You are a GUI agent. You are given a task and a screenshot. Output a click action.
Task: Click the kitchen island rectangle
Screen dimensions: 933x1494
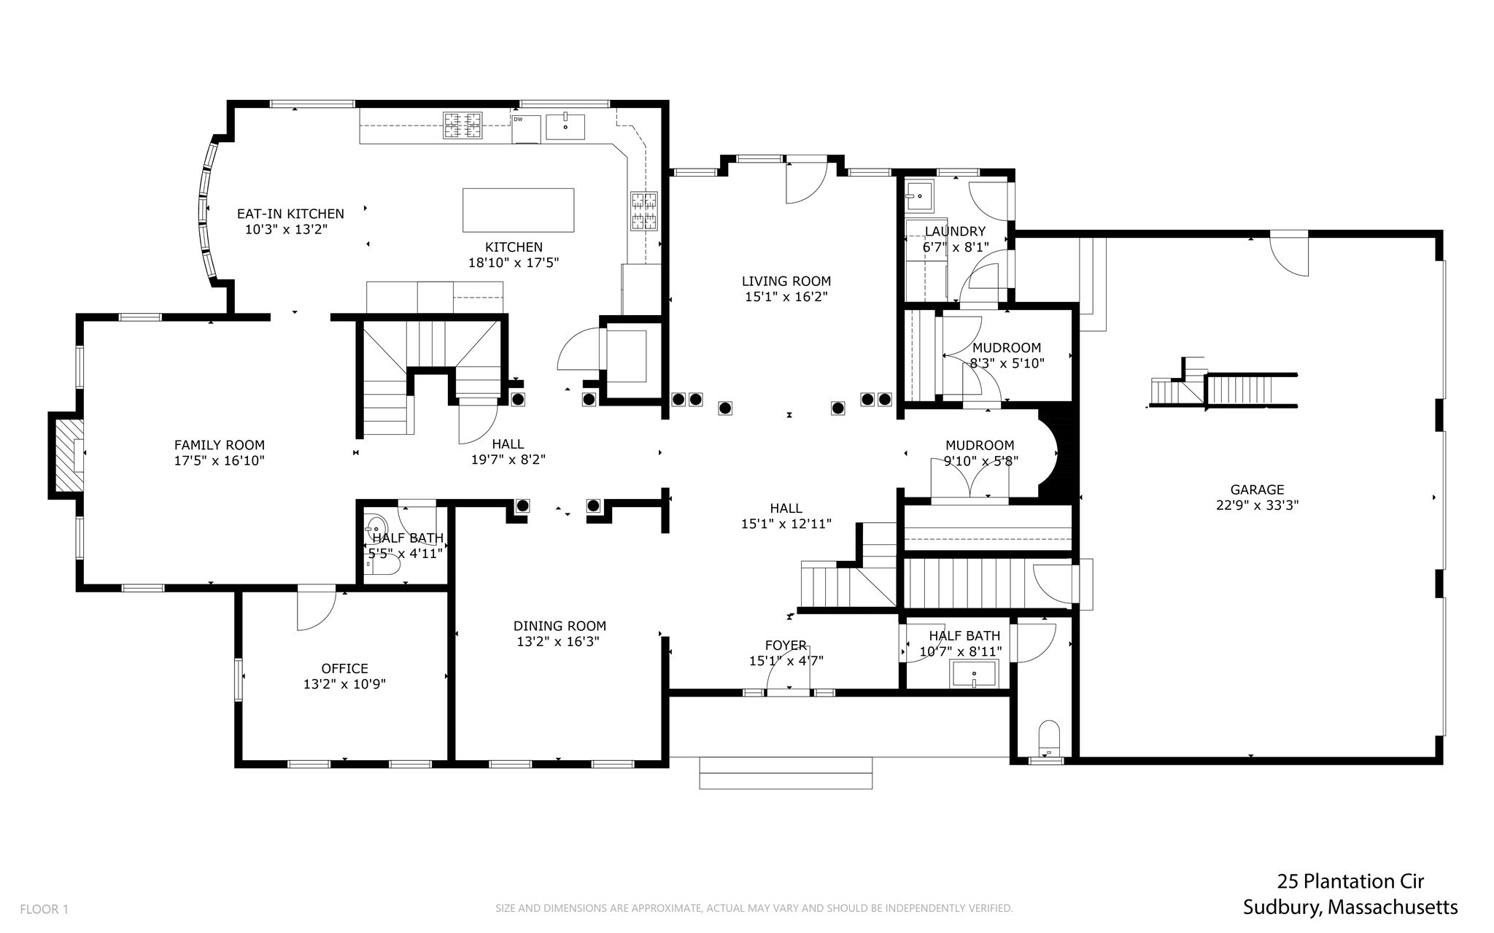tap(518, 210)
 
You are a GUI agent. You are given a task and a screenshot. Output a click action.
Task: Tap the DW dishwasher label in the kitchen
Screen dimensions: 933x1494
tap(518, 119)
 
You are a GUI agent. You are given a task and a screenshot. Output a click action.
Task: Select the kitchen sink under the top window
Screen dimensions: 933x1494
tap(565, 126)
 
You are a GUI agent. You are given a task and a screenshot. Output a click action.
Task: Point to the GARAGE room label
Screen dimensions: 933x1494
tap(1256, 489)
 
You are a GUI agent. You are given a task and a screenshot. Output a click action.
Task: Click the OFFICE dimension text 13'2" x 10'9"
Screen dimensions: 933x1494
tap(344, 684)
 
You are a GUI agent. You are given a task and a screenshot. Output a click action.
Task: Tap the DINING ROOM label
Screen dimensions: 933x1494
tap(560, 626)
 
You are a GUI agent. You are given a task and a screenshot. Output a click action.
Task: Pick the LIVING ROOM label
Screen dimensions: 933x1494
tap(786, 281)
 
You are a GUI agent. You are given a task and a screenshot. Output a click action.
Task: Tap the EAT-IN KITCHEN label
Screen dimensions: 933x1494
tap(290, 214)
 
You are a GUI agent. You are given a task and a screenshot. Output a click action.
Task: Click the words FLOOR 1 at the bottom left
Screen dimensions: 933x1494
tap(44, 909)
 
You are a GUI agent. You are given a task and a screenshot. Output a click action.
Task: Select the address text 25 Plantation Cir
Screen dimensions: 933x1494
tap(1350, 881)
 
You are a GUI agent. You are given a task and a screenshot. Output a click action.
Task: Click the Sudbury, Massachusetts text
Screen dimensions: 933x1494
tap(1350, 907)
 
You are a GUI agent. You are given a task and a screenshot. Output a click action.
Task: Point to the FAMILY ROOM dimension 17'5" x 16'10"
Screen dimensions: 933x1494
tap(219, 460)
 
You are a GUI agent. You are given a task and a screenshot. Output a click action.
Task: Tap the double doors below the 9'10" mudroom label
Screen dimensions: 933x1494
tap(969, 481)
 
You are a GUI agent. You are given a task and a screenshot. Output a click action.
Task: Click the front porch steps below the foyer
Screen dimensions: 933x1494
tap(786, 773)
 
